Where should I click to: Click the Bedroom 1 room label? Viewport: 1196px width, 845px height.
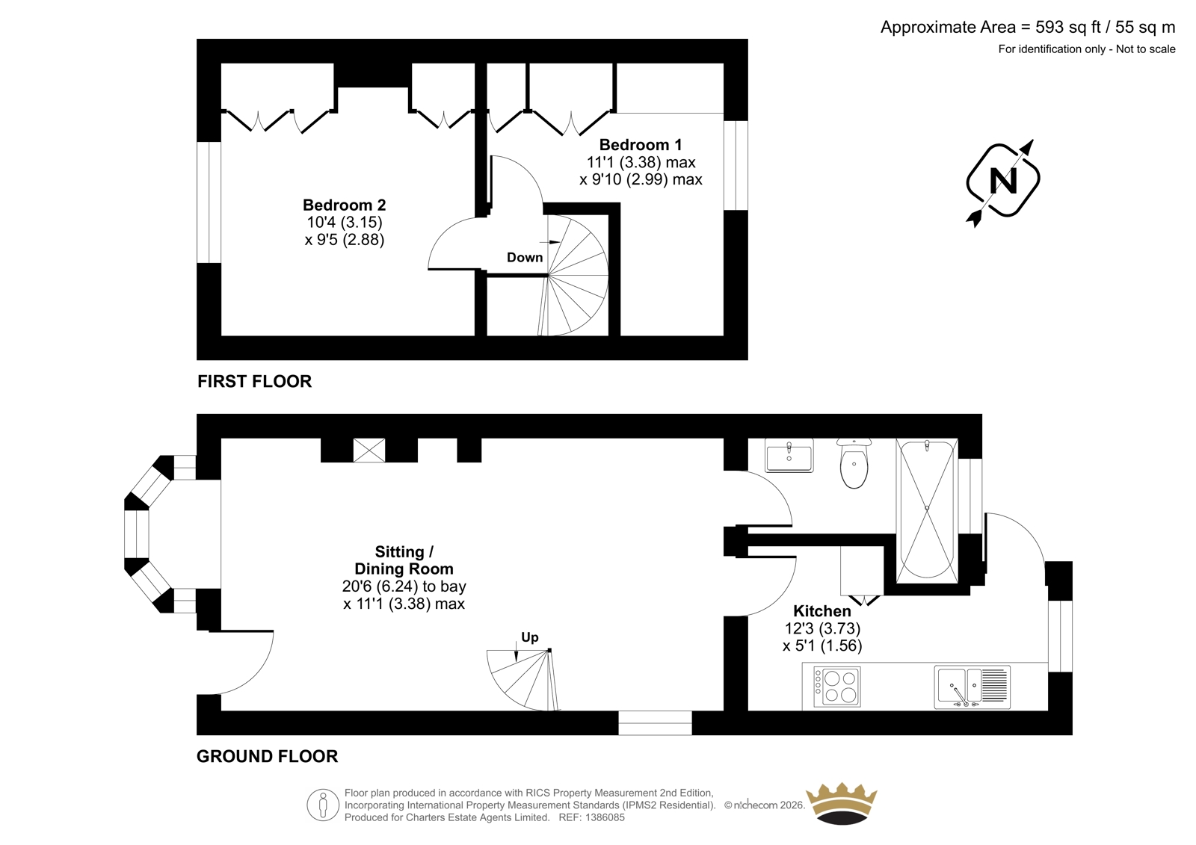[640, 145]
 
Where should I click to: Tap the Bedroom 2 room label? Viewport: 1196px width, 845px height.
[344, 205]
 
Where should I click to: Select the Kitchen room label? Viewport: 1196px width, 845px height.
[822, 610]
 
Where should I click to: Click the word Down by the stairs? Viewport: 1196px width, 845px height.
[524, 257]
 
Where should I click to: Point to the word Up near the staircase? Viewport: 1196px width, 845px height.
[530, 637]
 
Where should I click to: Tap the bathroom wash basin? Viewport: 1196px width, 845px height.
[789, 455]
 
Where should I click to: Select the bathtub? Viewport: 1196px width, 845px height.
[927, 510]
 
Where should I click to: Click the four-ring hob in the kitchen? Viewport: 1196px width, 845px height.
[836, 687]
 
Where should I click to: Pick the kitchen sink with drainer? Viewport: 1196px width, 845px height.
[972, 687]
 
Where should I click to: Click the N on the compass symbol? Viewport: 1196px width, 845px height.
[1002, 181]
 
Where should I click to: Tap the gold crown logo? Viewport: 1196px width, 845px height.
[842, 804]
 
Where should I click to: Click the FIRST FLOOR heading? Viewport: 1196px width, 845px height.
[254, 381]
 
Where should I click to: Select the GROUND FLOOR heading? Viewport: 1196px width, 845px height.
[267, 756]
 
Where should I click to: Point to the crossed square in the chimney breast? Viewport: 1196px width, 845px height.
[369, 450]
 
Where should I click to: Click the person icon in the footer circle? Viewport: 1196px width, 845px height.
[322, 805]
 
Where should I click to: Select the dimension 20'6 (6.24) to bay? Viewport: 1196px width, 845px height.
[404, 586]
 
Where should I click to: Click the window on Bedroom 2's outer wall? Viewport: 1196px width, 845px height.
[209, 202]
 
